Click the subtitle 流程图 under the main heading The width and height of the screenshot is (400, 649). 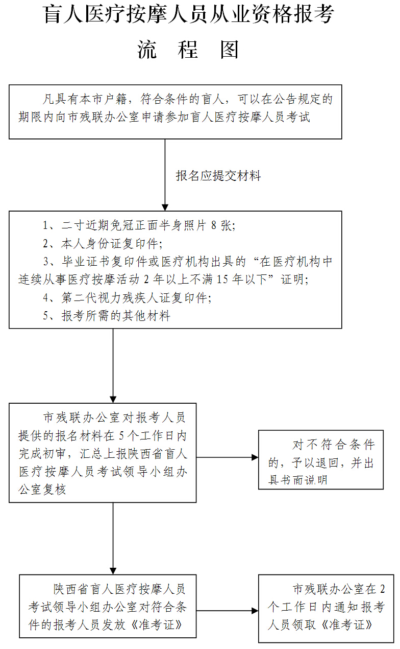pos(188,50)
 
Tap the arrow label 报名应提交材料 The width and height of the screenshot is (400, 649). pos(218,176)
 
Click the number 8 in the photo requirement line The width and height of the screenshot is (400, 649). pos(214,225)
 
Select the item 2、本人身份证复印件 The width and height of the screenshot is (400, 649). pos(103,243)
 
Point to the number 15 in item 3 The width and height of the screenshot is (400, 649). pos(222,279)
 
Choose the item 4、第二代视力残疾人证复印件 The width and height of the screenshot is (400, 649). pos(127,297)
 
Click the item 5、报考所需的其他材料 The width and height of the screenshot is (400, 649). pos(107,315)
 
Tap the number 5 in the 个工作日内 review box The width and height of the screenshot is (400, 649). pos(121,435)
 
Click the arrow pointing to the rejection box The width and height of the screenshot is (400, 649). pos(228,457)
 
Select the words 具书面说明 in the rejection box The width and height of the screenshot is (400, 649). pos(298,480)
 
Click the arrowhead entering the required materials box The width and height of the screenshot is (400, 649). pos(165,207)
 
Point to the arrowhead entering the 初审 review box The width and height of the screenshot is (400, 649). pos(113,400)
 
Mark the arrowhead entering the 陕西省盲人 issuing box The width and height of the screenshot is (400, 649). pos(113,571)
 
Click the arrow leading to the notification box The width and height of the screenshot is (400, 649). pos(228,611)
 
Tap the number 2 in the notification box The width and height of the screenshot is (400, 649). pos(382,589)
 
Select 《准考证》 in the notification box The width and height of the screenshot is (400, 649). pos(346,624)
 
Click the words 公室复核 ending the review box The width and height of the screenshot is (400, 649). pos(42,490)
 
